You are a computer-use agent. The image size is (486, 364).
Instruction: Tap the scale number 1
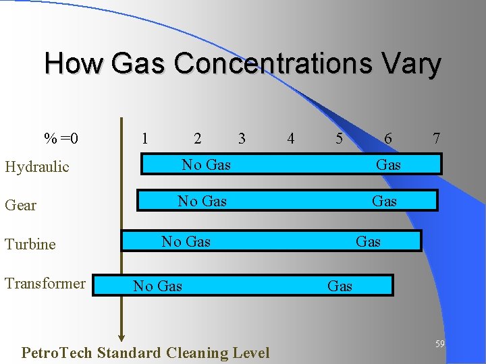click(144, 139)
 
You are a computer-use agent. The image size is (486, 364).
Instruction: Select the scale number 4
click(290, 139)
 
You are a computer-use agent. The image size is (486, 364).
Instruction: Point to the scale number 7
click(437, 139)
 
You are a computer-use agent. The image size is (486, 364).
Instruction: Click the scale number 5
click(339, 139)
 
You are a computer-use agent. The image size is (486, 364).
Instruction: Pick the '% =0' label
click(61, 139)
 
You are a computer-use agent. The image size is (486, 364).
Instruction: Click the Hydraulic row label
click(37, 167)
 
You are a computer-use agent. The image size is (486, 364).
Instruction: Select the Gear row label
click(21, 206)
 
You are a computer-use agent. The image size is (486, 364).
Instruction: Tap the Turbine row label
click(30, 245)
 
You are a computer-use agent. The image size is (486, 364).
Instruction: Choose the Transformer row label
click(45, 284)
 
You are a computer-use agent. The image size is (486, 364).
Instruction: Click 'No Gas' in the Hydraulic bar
click(206, 164)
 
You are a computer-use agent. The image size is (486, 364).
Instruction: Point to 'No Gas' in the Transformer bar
click(157, 286)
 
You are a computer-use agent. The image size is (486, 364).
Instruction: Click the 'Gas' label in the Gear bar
click(384, 201)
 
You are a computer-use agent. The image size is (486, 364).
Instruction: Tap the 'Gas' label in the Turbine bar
click(368, 241)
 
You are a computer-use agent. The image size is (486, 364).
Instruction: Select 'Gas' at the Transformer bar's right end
click(340, 286)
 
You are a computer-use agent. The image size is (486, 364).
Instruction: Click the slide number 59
click(439, 344)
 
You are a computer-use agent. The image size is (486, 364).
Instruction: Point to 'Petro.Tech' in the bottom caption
click(57, 353)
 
